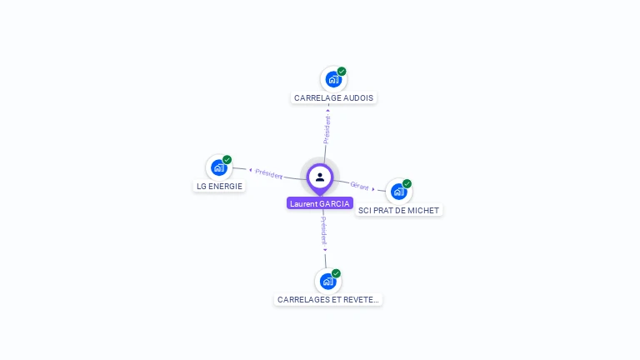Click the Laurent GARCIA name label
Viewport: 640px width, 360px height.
click(x=320, y=203)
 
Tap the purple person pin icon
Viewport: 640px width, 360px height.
click(x=320, y=177)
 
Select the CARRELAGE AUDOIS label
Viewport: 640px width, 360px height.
click(x=333, y=97)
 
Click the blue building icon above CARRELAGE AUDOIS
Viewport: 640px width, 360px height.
click(x=333, y=80)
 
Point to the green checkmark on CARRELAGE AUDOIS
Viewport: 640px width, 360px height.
click(x=342, y=72)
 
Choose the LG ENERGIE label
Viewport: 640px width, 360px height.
click(x=220, y=186)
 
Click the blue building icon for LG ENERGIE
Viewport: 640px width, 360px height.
click(x=218, y=167)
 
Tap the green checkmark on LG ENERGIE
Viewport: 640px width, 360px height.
click(x=227, y=159)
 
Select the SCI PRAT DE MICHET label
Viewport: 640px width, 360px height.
click(x=398, y=210)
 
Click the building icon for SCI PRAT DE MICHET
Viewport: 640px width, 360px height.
click(x=398, y=192)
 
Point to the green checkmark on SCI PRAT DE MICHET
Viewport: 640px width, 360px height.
click(x=407, y=183)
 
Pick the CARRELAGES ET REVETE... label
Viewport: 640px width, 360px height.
click(x=328, y=299)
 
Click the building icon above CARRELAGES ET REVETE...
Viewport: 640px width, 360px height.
click(x=327, y=282)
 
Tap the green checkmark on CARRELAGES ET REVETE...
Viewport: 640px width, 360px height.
click(x=336, y=273)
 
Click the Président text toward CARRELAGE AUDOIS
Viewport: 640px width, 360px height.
click(x=327, y=129)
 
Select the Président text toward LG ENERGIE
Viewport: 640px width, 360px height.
click(x=269, y=173)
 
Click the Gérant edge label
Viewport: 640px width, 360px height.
click(x=359, y=186)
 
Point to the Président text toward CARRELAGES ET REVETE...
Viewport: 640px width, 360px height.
click(x=324, y=230)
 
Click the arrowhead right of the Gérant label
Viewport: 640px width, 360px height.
click(x=373, y=189)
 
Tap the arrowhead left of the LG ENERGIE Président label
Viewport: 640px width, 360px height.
click(x=250, y=170)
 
